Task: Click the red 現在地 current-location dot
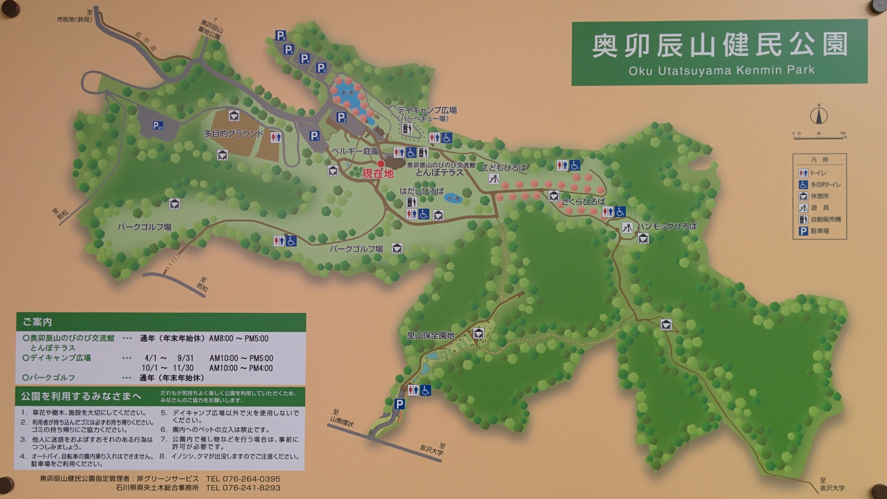click(x=381, y=164)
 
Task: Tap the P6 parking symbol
click(x=281, y=36)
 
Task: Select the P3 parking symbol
click(x=321, y=68)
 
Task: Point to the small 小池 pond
click(x=453, y=198)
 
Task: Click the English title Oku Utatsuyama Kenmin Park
click(x=721, y=70)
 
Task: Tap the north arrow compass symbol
click(x=819, y=116)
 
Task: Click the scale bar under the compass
click(x=819, y=137)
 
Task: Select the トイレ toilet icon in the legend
click(x=803, y=173)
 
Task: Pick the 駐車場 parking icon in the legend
click(x=803, y=231)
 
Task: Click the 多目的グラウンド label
click(x=233, y=133)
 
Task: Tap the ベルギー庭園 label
click(x=355, y=151)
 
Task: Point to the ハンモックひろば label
click(x=667, y=226)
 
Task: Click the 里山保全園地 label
click(x=430, y=335)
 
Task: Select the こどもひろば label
click(x=504, y=167)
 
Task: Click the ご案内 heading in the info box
click(x=37, y=322)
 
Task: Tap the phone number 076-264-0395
click(x=252, y=479)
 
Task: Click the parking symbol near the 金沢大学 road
click(x=399, y=404)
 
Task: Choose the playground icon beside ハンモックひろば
click(x=627, y=227)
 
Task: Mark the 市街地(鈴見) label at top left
click(x=74, y=19)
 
